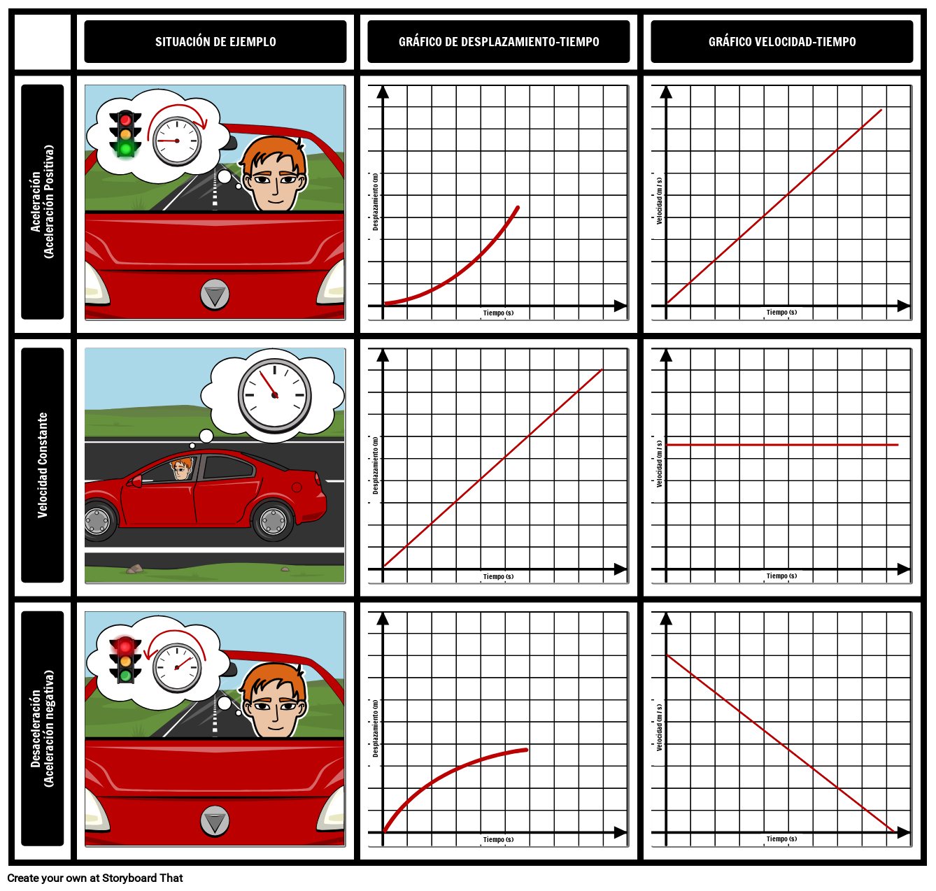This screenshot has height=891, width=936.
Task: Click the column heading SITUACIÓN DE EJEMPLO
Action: (x=215, y=42)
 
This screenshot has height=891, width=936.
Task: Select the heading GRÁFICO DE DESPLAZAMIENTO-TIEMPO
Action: (x=499, y=42)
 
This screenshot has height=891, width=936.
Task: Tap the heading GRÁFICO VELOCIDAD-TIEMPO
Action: (x=782, y=42)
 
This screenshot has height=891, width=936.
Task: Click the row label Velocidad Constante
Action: (x=43, y=465)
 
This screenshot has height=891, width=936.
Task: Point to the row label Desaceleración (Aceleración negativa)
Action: (x=42, y=729)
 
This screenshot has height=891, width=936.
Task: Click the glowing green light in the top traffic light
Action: (x=125, y=148)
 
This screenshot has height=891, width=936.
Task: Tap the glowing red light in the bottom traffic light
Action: (x=125, y=647)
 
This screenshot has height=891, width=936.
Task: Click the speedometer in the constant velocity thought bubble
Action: (x=274, y=395)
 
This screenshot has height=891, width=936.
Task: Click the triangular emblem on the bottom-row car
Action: (x=215, y=820)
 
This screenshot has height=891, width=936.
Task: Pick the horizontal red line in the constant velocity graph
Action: (x=782, y=445)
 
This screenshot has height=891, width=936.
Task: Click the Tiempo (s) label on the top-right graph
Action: (x=781, y=313)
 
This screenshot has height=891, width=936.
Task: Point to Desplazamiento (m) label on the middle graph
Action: (x=376, y=466)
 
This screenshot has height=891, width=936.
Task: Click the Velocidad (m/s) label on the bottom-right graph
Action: (x=659, y=727)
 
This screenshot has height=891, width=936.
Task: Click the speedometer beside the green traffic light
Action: (x=177, y=141)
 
